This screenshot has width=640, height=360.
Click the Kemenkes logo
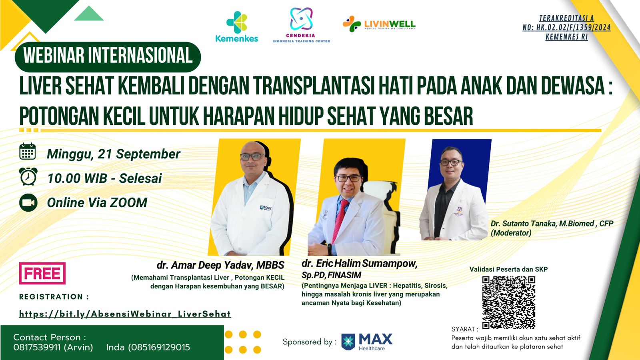236,26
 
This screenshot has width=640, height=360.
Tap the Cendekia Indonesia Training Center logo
301,25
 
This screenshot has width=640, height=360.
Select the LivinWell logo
379,24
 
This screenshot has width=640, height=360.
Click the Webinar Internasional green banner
108,56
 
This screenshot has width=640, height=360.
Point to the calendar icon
28,152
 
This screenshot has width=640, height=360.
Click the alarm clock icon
28,176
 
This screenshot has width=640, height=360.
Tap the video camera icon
28,202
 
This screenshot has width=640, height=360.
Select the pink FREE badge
42,273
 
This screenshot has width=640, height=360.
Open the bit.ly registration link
125,314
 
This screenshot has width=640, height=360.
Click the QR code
508,302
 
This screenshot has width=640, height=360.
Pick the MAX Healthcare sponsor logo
367,342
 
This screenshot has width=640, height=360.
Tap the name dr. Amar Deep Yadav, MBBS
220,265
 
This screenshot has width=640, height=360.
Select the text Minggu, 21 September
114,154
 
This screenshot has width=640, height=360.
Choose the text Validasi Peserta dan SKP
508,269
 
